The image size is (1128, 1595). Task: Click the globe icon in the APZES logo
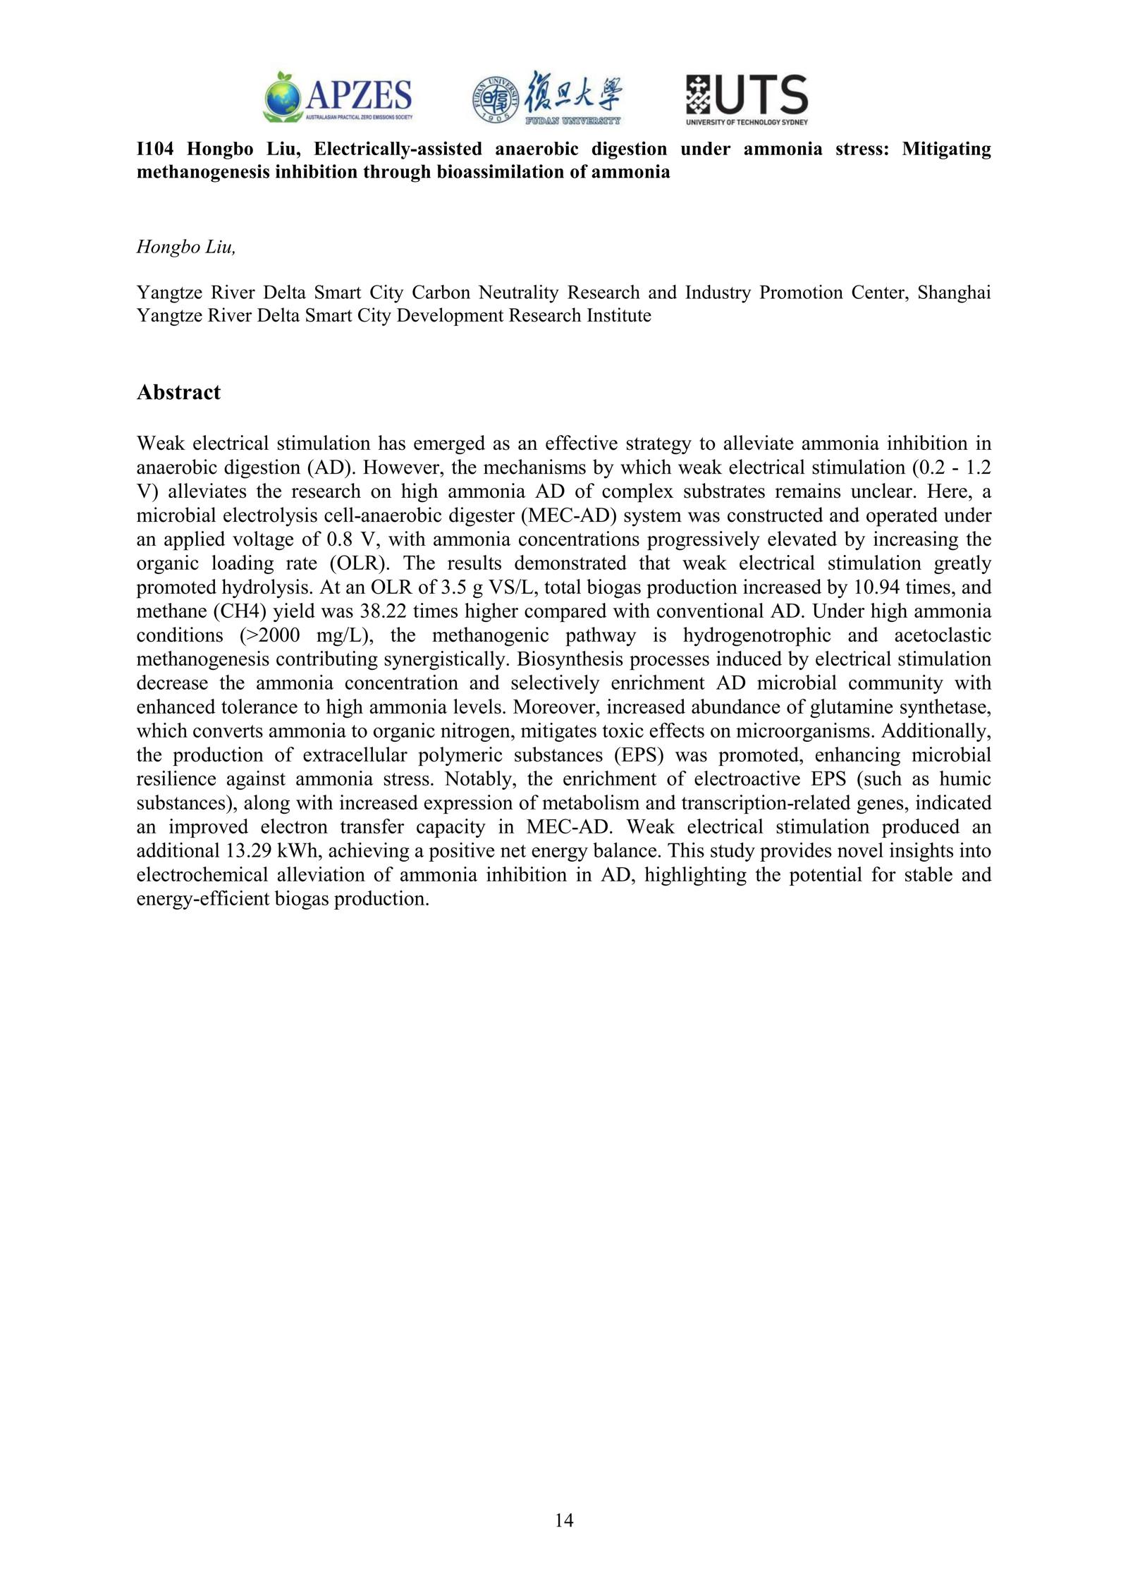tap(283, 97)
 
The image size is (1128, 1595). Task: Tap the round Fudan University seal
tap(496, 99)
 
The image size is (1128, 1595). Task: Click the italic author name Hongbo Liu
tap(185, 247)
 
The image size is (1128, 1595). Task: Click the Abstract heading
tap(178, 392)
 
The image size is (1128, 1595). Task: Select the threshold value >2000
tap(270, 635)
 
